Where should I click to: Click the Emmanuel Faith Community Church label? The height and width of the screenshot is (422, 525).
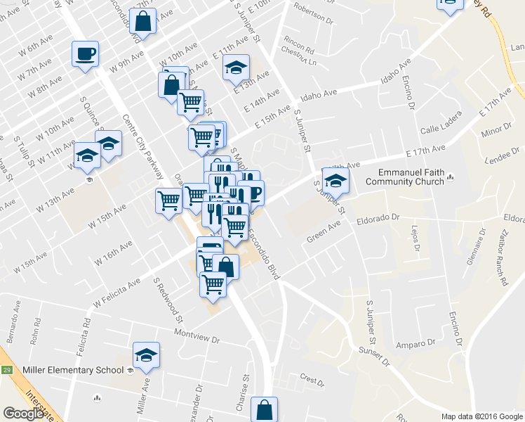411,177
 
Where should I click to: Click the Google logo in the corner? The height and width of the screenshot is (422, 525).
23,414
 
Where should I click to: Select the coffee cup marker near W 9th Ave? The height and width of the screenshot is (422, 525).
85,54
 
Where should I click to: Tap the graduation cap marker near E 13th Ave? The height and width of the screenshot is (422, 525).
236,68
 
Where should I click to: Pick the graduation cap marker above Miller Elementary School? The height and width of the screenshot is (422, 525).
146,355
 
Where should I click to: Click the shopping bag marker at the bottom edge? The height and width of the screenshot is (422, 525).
264,410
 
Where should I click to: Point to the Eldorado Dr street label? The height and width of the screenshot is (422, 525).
378,219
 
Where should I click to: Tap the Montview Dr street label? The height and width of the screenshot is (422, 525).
197,335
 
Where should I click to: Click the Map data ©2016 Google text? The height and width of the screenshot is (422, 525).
481,416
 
